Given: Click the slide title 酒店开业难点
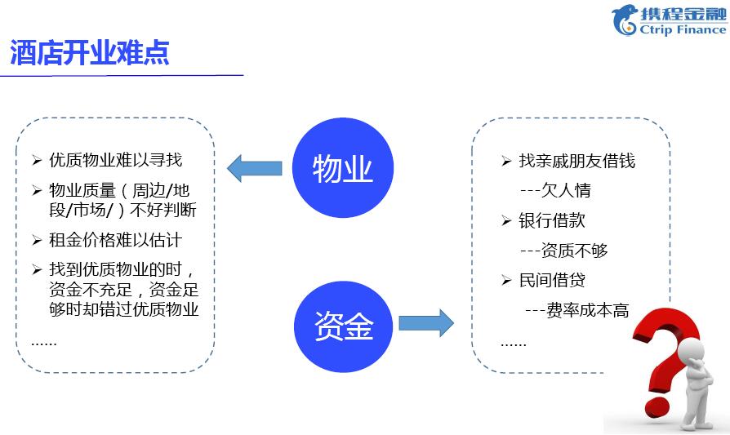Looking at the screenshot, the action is (x=89, y=52).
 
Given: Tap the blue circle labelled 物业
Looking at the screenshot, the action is (x=343, y=167).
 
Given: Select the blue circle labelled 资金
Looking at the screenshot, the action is (x=344, y=326).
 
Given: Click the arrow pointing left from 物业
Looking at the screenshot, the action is (x=255, y=168).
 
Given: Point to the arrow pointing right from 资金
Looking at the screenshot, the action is (x=426, y=322).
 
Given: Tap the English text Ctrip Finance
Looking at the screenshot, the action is (x=683, y=29).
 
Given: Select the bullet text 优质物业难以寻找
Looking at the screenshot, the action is (x=115, y=160).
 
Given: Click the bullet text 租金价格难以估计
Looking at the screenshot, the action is (x=115, y=240).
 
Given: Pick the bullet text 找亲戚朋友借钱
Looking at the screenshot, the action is (x=577, y=161).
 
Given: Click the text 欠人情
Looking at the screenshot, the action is (x=566, y=190).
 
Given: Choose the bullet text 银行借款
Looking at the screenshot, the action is (x=552, y=220).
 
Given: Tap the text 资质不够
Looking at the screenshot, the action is (x=575, y=251).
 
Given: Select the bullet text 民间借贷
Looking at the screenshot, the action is (x=552, y=280).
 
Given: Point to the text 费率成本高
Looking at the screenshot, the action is (x=588, y=310).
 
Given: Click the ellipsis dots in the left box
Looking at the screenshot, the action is (x=44, y=344).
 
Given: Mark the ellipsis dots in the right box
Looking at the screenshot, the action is (x=514, y=344).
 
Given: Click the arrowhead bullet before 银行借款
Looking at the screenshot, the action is (x=506, y=220).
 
